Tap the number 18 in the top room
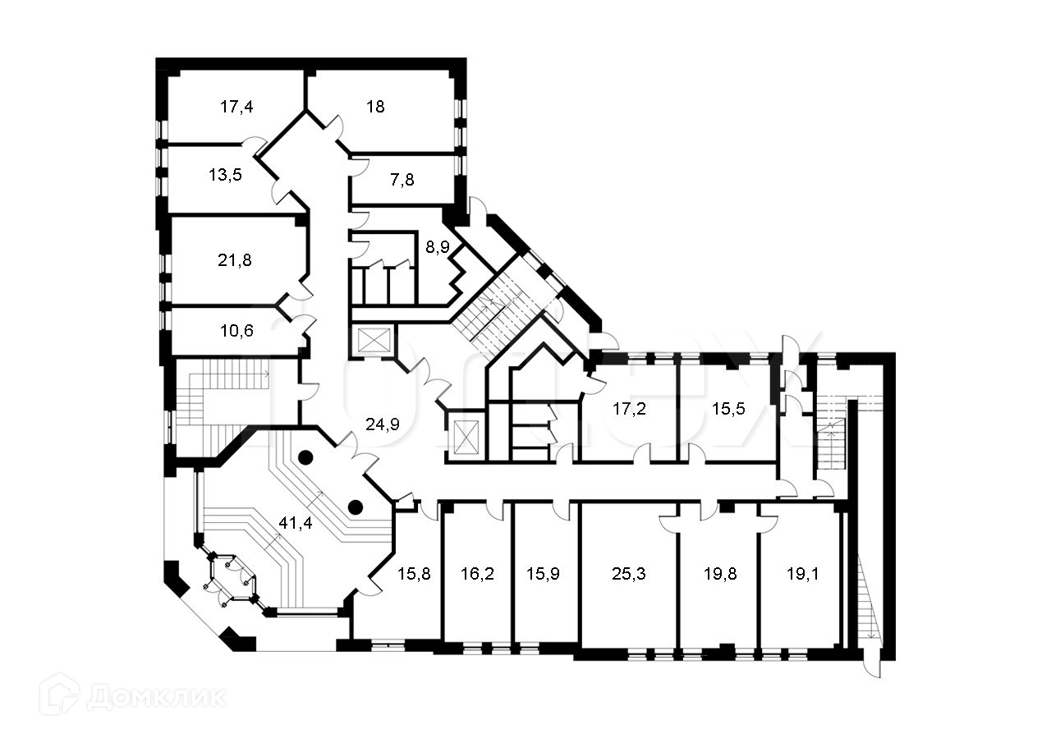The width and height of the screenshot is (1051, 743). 375,107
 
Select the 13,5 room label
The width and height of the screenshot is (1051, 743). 224,175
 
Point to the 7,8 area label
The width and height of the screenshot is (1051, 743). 402,180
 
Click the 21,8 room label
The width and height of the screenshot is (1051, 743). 236,260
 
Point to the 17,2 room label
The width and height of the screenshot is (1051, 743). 630,409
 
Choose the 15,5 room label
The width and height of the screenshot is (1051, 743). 727,409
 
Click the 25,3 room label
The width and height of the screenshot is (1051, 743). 630,574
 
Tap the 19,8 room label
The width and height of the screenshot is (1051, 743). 719,574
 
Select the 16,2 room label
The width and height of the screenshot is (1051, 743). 477,574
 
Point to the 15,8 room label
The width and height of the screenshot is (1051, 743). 415,574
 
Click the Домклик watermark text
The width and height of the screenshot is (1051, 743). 156,696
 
